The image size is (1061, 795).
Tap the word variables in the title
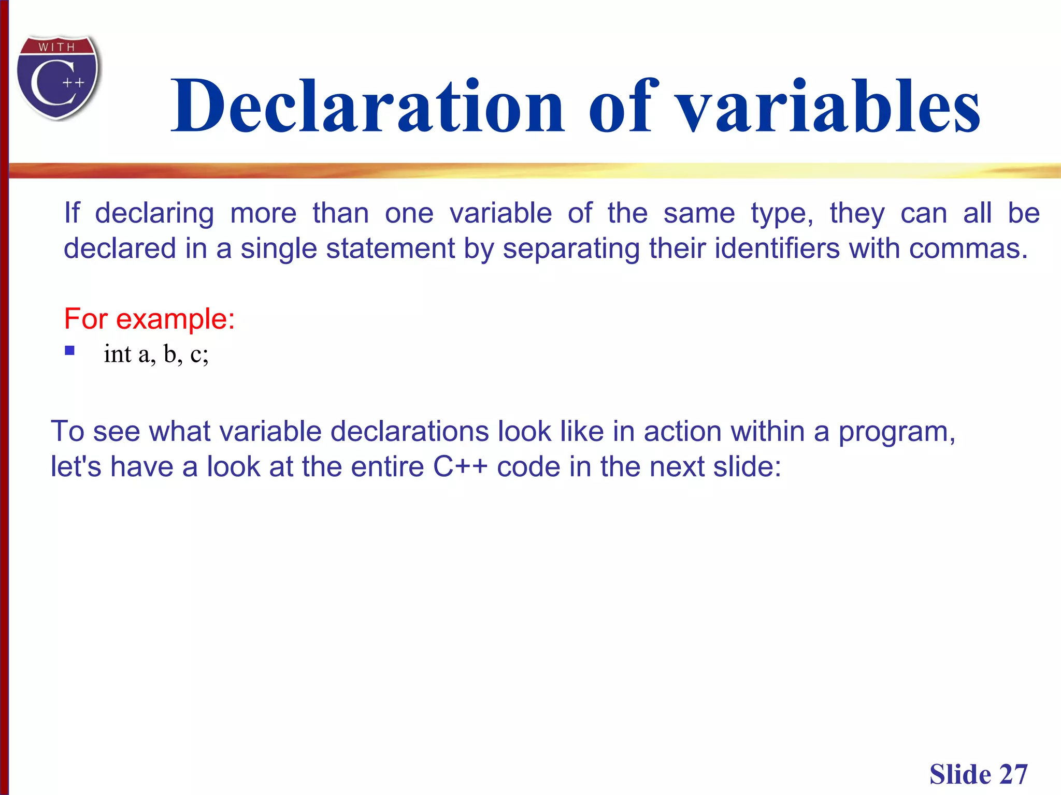coord(829,106)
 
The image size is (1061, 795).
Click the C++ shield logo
coord(58,78)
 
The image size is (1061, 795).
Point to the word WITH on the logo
coord(57,47)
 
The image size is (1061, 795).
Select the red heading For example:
coord(149,318)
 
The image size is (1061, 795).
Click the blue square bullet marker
coord(70,350)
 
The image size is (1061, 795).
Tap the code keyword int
coord(117,354)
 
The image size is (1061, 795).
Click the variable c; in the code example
coord(199,354)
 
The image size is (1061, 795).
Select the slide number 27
coord(1013,775)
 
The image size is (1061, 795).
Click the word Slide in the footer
coord(960,775)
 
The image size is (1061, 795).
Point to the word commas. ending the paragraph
coord(968,248)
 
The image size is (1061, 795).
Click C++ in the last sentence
coord(460,466)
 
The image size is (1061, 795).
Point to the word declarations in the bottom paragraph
coord(409,431)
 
